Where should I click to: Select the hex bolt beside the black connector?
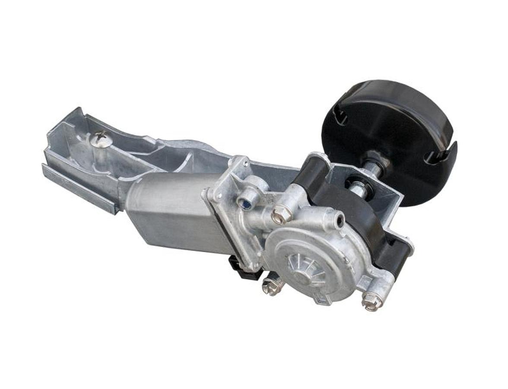click(x=272, y=287)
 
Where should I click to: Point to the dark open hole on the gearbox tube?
click(x=340, y=220)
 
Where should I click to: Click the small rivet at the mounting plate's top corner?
click(x=245, y=163)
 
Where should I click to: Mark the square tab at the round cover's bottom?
click(x=323, y=298)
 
